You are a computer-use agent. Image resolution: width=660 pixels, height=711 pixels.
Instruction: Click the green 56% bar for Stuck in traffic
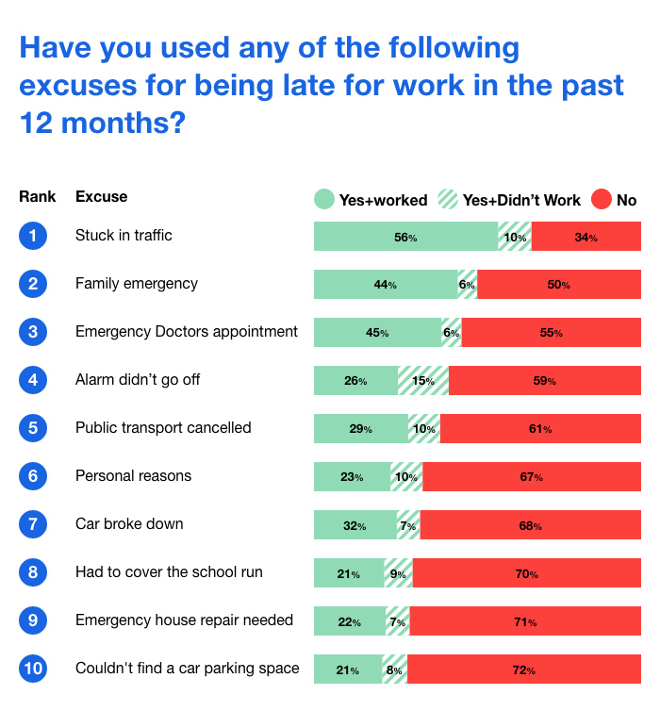click(x=405, y=237)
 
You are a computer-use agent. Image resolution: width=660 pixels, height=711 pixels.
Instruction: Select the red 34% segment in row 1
click(x=586, y=237)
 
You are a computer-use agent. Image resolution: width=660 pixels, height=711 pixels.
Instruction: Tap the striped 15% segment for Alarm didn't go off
click(x=422, y=381)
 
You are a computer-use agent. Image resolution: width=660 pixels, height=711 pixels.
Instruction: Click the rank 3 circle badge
click(x=32, y=332)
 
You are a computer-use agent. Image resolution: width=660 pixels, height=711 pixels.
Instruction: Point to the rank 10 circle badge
click(x=32, y=669)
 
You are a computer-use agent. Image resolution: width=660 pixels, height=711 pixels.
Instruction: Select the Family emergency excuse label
click(x=137, y=284)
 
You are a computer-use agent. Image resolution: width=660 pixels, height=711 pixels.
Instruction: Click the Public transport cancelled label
click(x=163, y=428)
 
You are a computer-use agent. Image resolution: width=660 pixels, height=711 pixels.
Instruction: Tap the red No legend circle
click(x=601, y=199)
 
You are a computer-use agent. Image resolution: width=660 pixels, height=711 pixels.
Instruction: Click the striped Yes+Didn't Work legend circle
click(x=448, y=199)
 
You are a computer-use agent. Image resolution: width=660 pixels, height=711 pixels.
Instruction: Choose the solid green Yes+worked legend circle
click(x=323, y=199)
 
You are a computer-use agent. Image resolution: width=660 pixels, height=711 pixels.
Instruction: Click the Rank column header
click(x=37, y=197)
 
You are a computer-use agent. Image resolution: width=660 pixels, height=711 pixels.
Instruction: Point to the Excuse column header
click(x=101, y=197)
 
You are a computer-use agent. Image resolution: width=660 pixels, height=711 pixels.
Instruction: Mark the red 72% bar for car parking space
click(x=523, y=670)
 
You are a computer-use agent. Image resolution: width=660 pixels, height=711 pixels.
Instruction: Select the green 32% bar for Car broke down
click(x=355, y=525)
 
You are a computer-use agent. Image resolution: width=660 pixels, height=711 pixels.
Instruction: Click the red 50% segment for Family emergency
click(x=558, y=285)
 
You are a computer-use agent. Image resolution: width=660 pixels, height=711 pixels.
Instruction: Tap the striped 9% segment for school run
click(x=398, y=573)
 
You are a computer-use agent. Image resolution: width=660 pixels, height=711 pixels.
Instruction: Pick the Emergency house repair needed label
click(x=184, y=620)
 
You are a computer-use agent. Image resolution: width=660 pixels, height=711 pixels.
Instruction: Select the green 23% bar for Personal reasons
click(x=352, y=477)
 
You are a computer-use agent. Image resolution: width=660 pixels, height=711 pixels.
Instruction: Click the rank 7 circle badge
click(x=32, y=524)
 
